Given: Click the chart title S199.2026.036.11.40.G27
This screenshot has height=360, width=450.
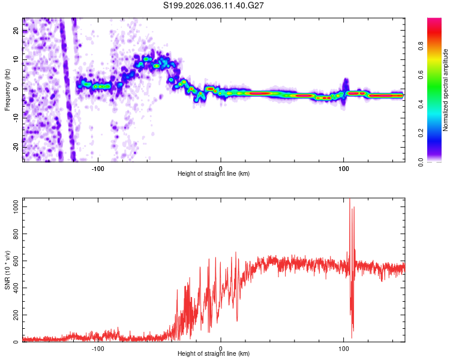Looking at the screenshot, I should [214, 5].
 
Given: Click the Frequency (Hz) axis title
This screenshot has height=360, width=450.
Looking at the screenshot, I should [7, 89].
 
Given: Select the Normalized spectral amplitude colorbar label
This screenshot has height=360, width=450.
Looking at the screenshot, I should [445, 89].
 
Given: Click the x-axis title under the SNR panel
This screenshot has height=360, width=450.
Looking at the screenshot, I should [214, 355].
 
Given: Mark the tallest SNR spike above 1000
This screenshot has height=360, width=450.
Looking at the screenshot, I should [349, 200].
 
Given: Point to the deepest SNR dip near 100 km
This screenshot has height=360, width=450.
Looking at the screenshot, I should [352, 329].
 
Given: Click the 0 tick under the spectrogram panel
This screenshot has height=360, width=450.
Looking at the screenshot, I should [221, 168].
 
